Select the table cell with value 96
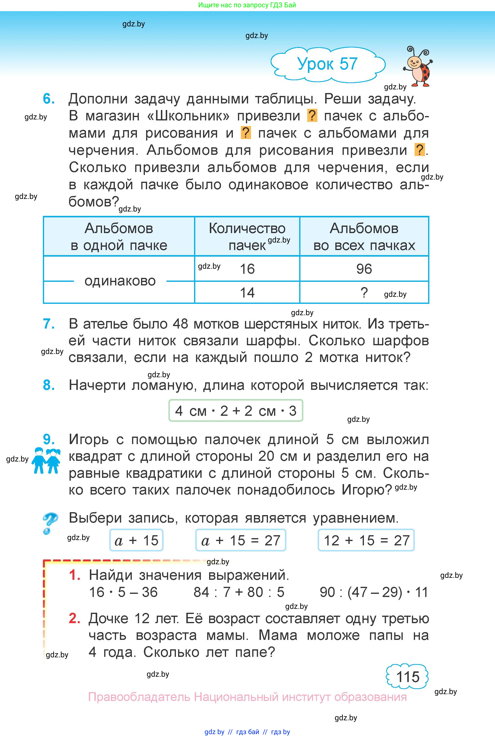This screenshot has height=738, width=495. (x=364, y=269)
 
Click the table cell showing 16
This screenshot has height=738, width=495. (x=247, y=269)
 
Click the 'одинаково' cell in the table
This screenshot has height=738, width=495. (x=120, y=281)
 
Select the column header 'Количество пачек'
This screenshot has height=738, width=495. (x=247, y=236)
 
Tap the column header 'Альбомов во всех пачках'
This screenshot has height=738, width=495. (x=364, y=236)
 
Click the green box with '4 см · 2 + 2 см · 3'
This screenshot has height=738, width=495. (x=236, y=411)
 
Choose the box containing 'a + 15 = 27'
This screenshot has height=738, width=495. (x=241, y=540)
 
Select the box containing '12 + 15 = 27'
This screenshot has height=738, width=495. (x=366, y=540)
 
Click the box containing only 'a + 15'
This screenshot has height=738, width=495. (x=136, y=540)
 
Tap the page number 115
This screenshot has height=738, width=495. (x=407, y=677)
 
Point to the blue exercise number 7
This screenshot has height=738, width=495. (x=49, y=324)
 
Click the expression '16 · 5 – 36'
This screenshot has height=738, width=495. (x=123, y=592)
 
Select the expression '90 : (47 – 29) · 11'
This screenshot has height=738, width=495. (x=373, y=592)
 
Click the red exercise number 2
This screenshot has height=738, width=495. (x=74, y=618)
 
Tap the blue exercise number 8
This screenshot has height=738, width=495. (x=49, y=385)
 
